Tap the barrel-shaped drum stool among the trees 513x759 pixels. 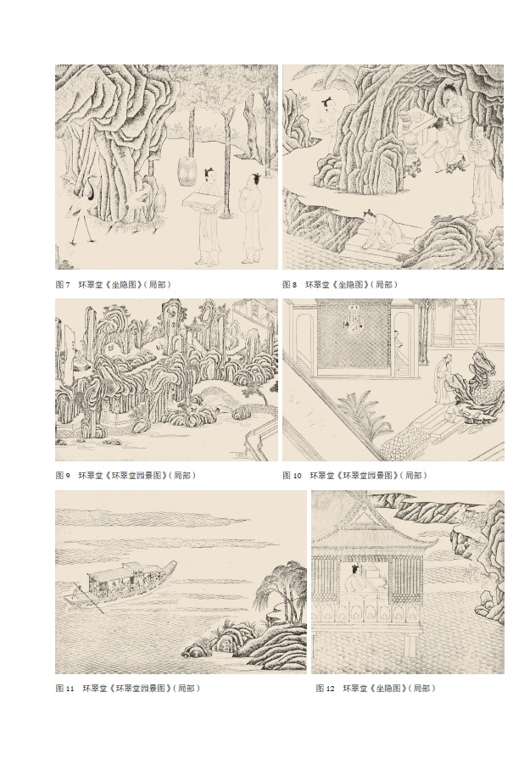click(187, 171)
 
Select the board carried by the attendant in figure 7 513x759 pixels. click(202, 200)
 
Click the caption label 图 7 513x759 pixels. click(63, 285)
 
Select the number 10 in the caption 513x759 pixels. click(297, 476)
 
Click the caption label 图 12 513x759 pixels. click(326, 689)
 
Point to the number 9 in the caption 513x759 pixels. click(68, 476)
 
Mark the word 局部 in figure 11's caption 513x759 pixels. click(187, 689)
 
